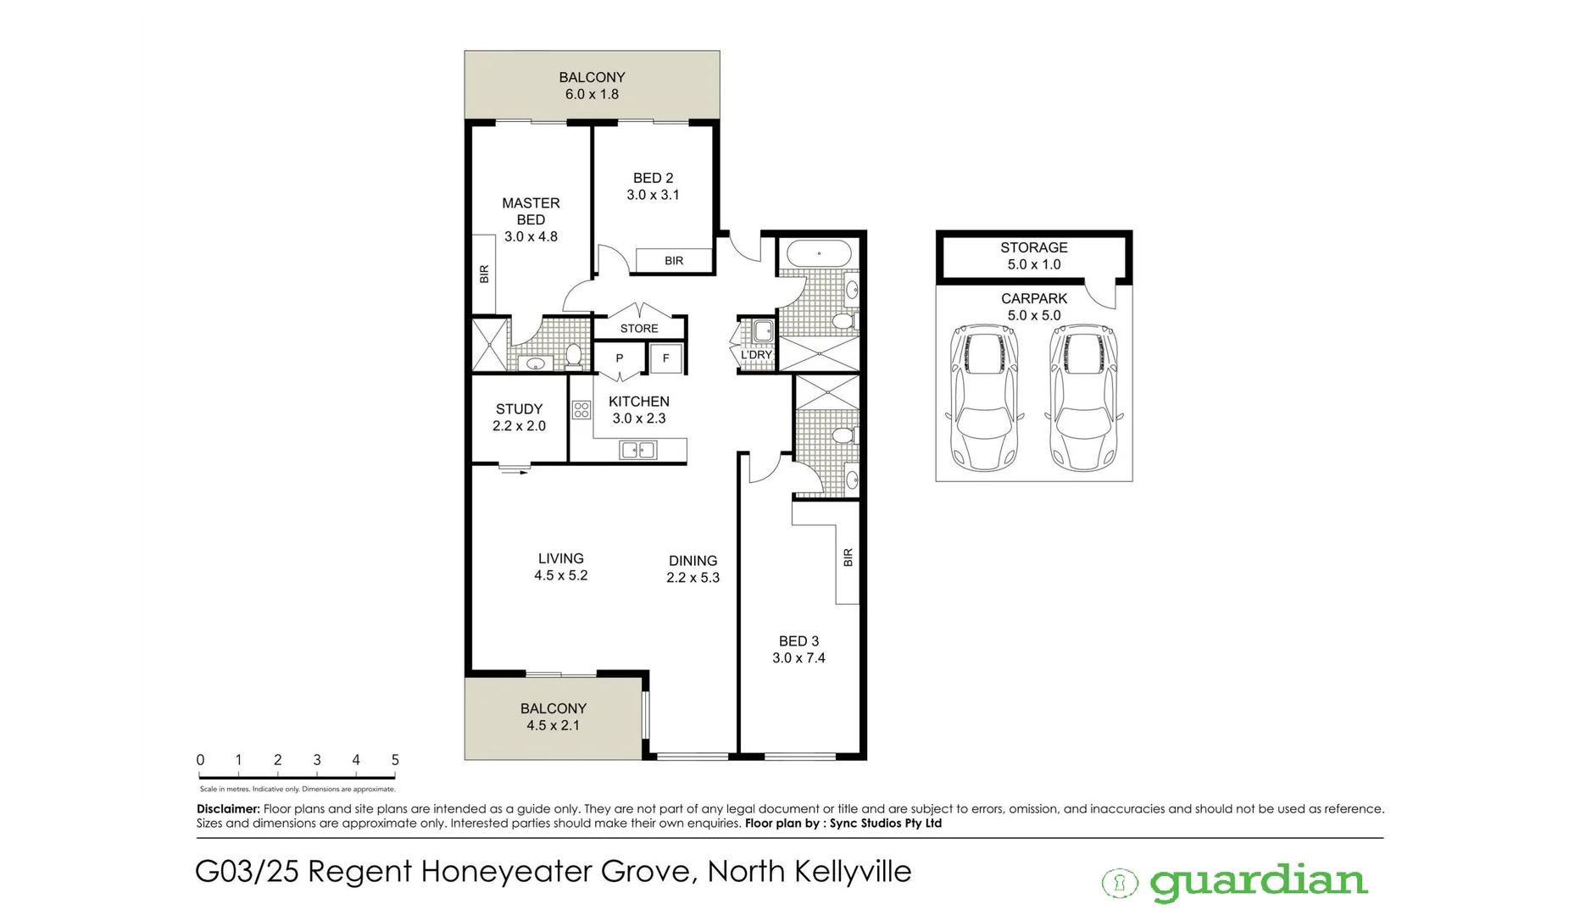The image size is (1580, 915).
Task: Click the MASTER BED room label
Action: (531, 212)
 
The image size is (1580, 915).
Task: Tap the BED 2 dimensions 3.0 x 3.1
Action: (653, 195)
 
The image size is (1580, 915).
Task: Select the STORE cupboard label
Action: (639, 329)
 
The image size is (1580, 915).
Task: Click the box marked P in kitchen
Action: (620, 358)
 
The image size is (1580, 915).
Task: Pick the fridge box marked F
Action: (666, 358)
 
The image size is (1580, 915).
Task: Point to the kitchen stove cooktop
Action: (581, 411)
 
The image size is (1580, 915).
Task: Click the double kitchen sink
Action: (639, 451)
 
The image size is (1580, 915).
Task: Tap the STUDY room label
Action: (519, 409)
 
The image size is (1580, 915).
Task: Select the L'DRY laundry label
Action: (756, 355)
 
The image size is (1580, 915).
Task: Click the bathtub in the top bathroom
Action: (818, 253)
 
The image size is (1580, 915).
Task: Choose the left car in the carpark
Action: (984, 398)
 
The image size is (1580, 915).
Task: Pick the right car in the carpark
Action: (1083, 398)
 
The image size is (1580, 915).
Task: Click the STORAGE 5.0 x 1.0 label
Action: (1033, 256)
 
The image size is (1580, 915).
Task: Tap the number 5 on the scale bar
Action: (395, 760)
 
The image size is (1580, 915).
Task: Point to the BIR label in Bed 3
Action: (848, 557)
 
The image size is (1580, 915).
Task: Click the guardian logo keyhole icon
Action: (1119, 884)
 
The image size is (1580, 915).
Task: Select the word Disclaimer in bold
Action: (228, 809)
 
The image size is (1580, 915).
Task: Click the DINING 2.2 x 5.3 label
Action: (693, 569)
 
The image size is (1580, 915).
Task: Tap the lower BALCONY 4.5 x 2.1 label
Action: (553, 717)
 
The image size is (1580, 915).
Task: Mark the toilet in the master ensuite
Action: (574, 354)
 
